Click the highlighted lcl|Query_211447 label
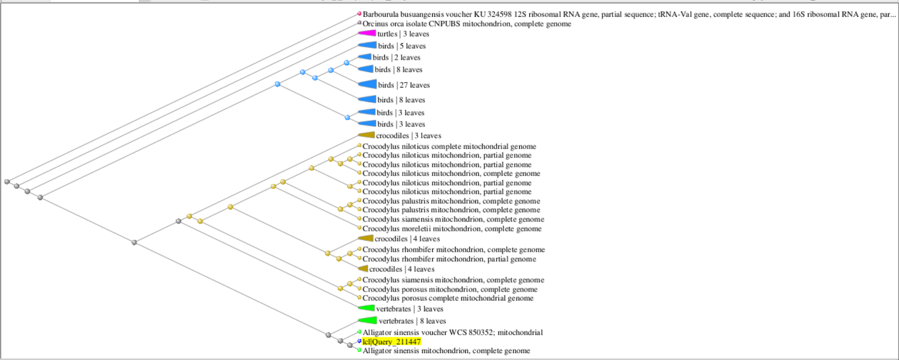391,341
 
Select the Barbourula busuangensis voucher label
629,15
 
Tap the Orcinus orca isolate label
467,24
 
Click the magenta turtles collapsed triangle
367,33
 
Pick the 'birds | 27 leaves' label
404,85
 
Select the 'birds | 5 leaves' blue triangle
367,45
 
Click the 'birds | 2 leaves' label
397,57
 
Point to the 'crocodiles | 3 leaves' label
408,136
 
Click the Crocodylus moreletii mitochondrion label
452,229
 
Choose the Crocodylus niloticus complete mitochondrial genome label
449,147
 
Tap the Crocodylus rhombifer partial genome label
449,259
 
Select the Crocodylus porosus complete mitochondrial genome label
448,298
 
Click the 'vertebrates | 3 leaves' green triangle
366,308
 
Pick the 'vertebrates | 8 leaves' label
412,321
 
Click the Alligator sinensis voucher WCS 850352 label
453,332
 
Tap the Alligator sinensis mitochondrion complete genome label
446,351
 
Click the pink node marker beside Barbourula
359,13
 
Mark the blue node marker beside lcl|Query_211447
359,341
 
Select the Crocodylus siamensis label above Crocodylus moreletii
453,219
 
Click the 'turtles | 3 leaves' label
403,34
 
